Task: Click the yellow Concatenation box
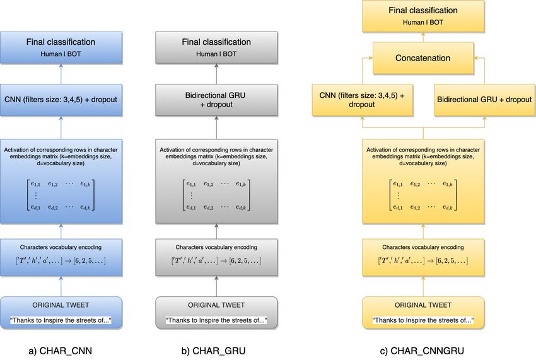tap(423, 58)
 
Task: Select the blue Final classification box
tap(61, 48)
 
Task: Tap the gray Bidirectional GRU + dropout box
tap(216, 100)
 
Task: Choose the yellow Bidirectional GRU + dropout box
tap(484, 100)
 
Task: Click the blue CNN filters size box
tap(61, 100)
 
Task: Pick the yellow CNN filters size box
tap(363, 100)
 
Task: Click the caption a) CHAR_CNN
tap(61, 351)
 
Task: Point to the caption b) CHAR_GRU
tap(213, 351)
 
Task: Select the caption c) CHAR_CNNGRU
tap(422, 351)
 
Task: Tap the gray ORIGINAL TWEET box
tap(216, 313)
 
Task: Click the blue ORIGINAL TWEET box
tap(61, 313)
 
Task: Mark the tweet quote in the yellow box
tap(423, 320)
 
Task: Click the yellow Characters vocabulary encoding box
tap(423, 257)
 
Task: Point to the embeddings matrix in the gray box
tap(216, 195)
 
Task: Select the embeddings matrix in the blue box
tap(61, 195)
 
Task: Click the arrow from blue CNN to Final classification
tap(61, 74)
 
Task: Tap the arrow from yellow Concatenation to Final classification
tap(423, 37)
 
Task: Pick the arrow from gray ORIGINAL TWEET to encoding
tap(216, 286)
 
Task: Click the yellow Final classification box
tap(423, 16)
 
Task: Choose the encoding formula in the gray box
tap(216, 260)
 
